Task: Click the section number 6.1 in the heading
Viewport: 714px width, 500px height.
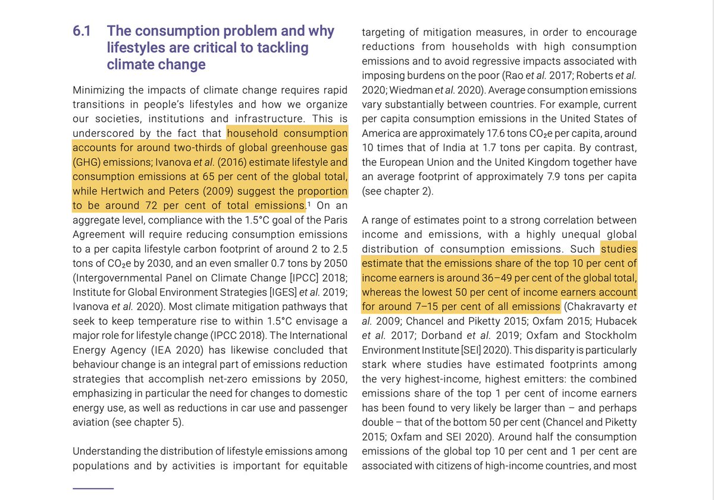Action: (82, 31)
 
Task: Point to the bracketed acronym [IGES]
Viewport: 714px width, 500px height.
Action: (253, 293)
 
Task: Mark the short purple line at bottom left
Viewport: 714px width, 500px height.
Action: (93, 488)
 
